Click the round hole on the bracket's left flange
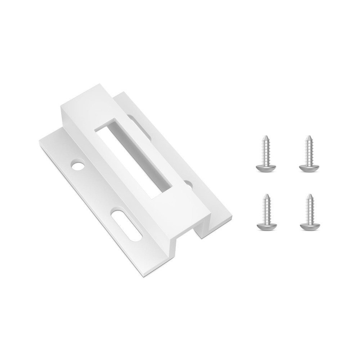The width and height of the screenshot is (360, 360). pos(77,166)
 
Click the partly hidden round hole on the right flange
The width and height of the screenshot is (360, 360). pos(188,184)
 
